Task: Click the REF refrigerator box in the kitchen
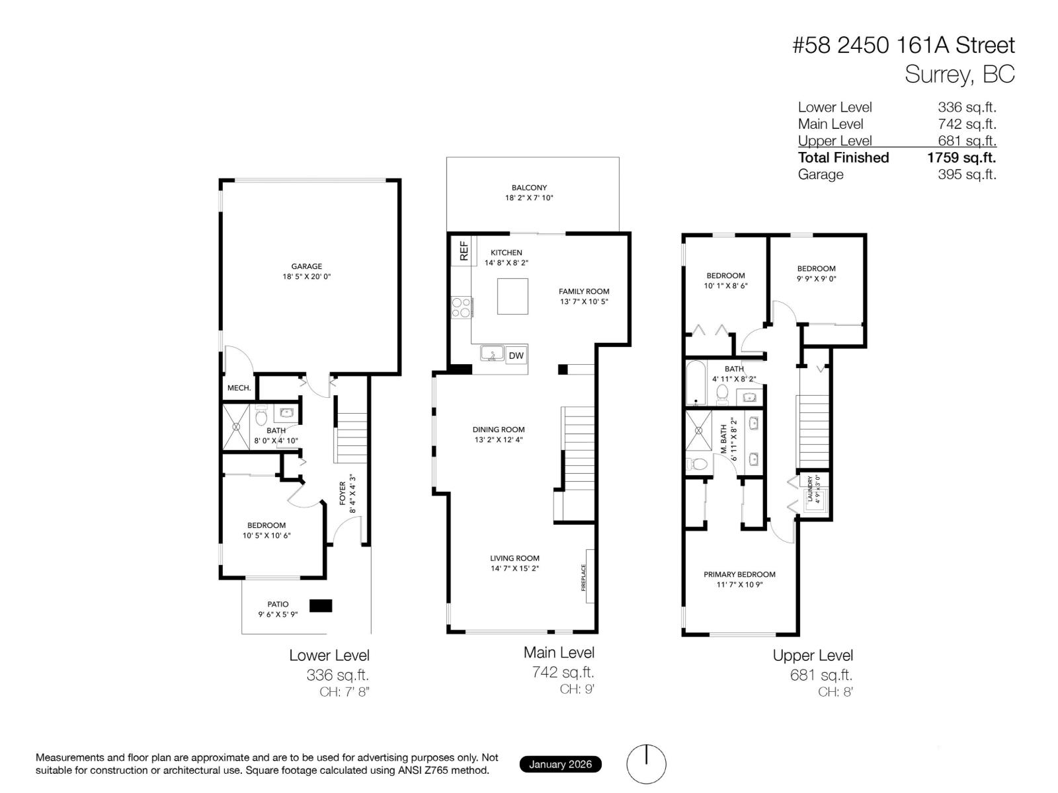coord(463,251)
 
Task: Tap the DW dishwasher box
coord(516,356)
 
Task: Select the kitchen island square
coord(512,296)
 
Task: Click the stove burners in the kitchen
coord(461,308)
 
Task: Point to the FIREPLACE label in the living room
coord(584,577)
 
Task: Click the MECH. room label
coord(239,388)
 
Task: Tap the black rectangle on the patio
coord(321,605)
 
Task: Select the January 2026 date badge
coord(560,765)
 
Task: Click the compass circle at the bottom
coord(646,764)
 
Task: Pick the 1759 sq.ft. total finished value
coord(961,157)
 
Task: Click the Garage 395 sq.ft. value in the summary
coord(966,174)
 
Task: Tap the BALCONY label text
coord(529,188)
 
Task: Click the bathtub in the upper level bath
coord(696,383)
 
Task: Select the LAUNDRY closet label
coord(810,489)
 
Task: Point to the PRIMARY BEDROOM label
coord(739,574)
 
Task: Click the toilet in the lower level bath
coord(261,417)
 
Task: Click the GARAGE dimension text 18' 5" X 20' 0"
coord(306,277)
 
